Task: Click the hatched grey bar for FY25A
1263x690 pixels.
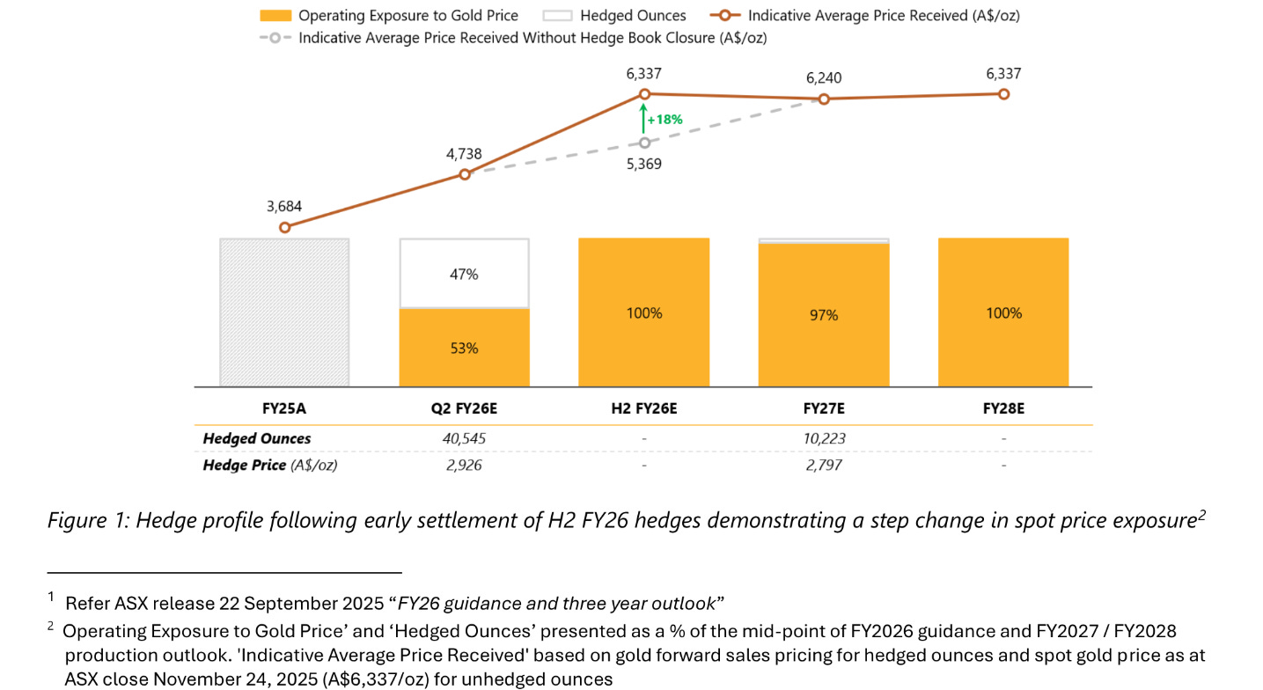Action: pyautogui.click(x=284, y=312)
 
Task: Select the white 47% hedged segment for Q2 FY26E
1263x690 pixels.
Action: pyautogui.click(x=464, y=274)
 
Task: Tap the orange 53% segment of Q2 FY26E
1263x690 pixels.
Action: pyautogui.click(x=464, y=348)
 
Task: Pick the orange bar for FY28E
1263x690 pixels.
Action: pyautogui.click(x=1003, y=312)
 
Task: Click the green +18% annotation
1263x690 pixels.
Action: pyautogui.click(x=665, y=120)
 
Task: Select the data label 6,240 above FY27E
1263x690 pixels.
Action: pyautogui.click(x=824, y=78)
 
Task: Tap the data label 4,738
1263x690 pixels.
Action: pyautogui.click(x=464, y=154)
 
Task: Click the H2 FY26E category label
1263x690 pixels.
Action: pyautogui.click(x=644, y=408)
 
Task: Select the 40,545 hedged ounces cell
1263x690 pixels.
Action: pyautogui.click(x=464, y=438)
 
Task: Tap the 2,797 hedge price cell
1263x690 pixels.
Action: pyautogui.click(x=824, y=465)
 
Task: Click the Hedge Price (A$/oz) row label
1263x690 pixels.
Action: pyautogui.click(x=269, y=465)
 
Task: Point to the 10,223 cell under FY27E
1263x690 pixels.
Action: pyautogui.click(x=824, y=438)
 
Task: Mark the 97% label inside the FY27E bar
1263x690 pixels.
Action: pyautogui.click(x=824, y=314)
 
